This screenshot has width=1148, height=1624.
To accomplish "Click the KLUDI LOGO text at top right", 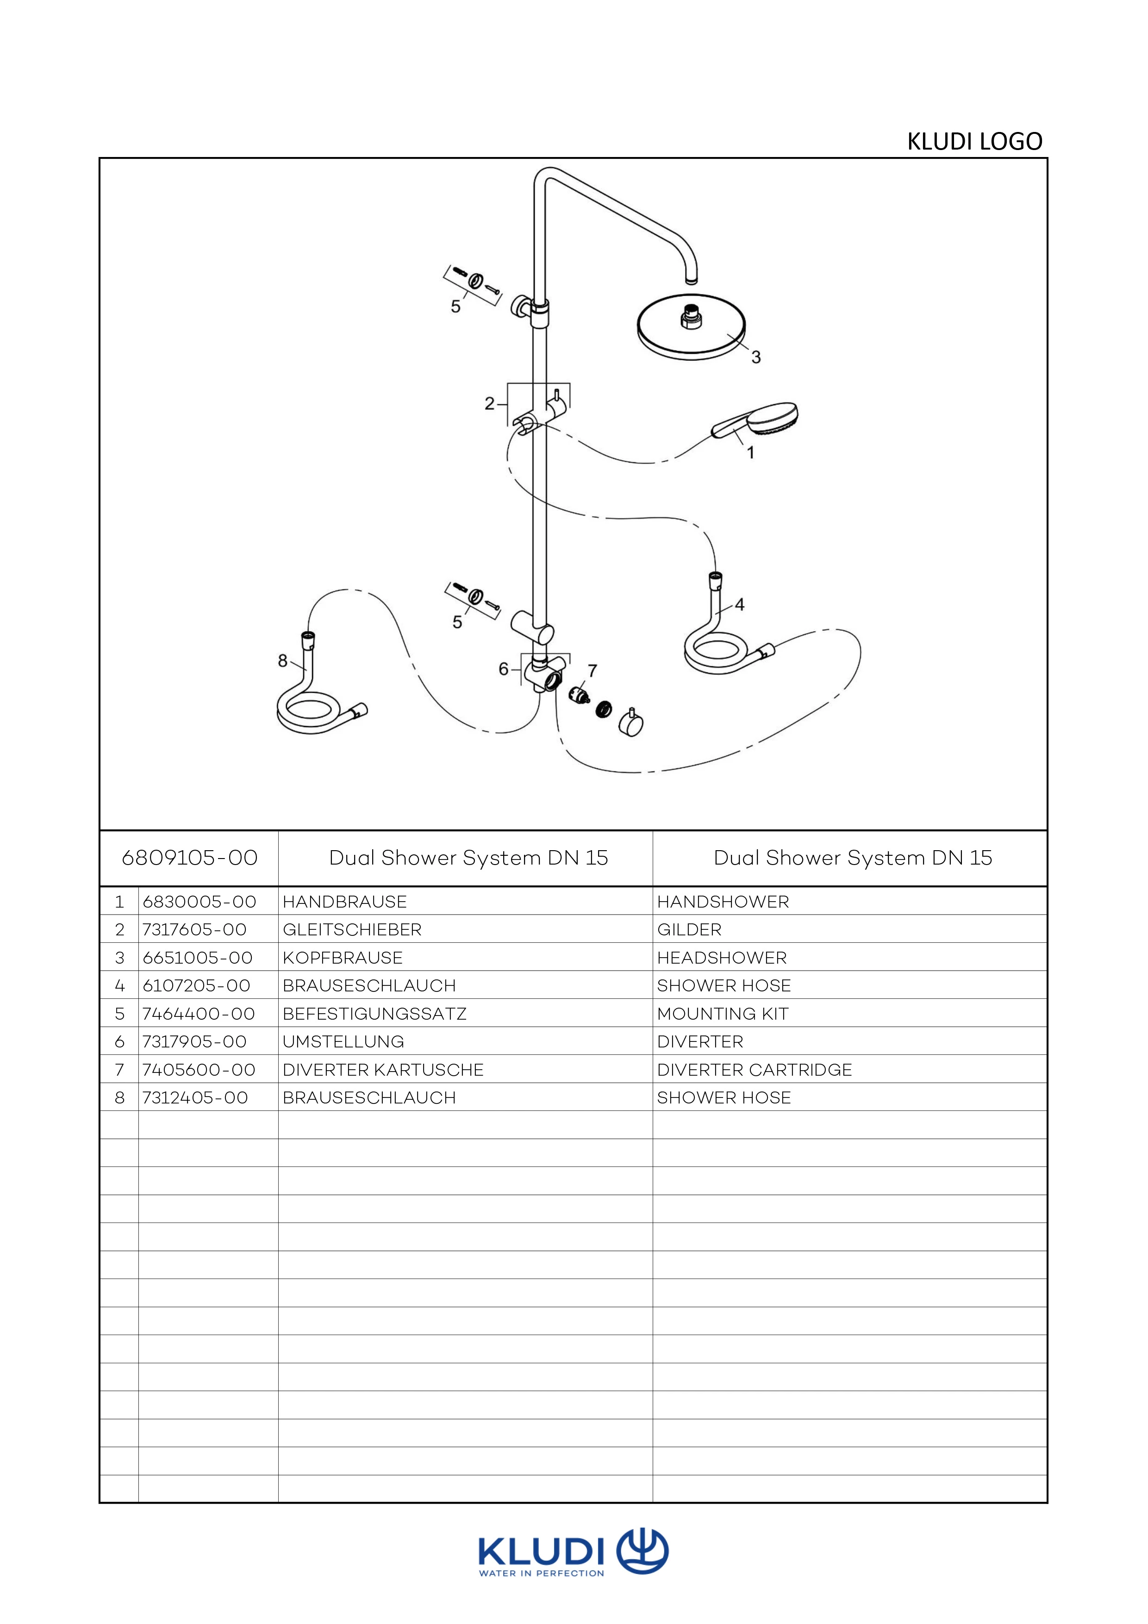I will point(974,141).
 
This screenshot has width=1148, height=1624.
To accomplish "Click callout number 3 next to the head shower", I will point(755,357).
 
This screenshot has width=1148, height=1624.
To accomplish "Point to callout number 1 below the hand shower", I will point(751,452).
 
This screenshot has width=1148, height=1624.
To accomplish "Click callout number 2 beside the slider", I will point(489,404).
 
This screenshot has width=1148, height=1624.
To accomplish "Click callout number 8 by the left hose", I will point(283,661).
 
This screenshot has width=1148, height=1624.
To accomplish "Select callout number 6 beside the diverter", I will point(503,668).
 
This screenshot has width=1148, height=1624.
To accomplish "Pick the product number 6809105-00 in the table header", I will point(189,858).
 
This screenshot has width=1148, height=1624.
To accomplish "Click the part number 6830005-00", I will point(200,902).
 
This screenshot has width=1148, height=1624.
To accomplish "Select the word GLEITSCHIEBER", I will point(352,929).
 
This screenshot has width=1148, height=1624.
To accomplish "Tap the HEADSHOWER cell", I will point(722,958).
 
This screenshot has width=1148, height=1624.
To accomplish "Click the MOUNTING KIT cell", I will point(723,1014).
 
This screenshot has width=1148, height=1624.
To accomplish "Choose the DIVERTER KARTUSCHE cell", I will point(383,1069).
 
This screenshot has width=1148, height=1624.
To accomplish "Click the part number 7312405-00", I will point(195,1098).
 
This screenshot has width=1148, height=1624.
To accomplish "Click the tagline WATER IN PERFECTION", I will point(542,1574).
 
